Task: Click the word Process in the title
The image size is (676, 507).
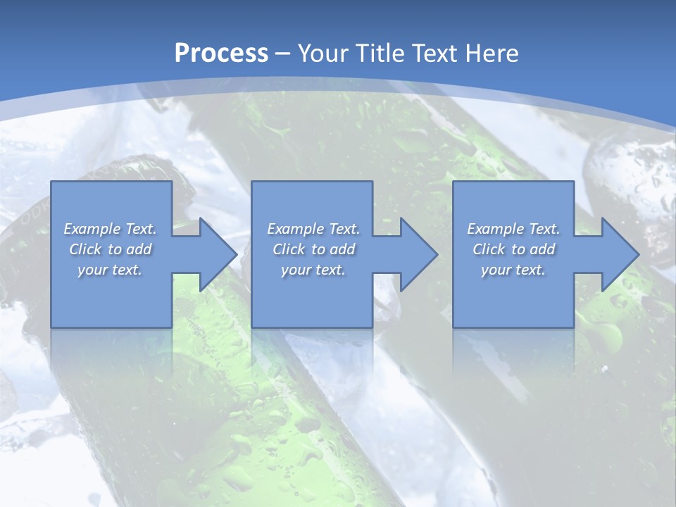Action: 221,54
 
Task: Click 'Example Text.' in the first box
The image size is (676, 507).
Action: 111,229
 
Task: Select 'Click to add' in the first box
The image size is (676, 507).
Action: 111,249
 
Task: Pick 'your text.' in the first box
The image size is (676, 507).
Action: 111,270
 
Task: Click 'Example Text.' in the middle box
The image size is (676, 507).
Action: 313,229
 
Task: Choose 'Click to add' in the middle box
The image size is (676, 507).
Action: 313,249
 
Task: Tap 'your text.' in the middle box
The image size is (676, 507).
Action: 313,270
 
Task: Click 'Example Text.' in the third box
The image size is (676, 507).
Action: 513,229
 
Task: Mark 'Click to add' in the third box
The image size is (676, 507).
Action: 513,249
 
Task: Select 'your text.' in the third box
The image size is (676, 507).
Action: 513,270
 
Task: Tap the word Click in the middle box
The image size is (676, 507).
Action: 287,249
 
